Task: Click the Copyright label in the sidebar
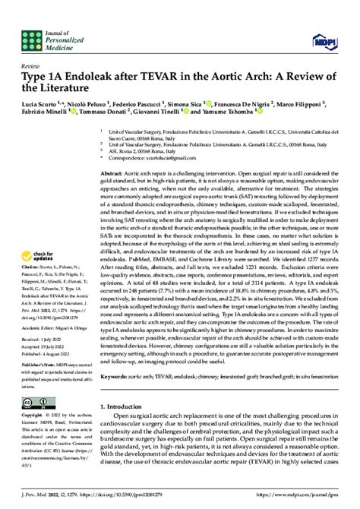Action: (32, 416)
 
